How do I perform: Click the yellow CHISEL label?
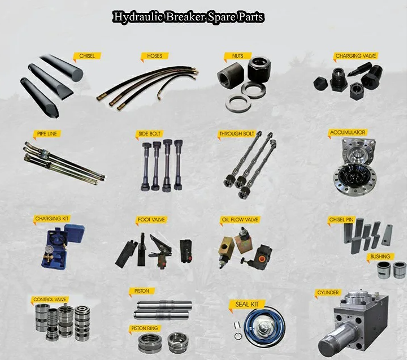point(86,56)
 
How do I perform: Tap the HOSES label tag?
point(155,56)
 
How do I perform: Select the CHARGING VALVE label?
point(355,56)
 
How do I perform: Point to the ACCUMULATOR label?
point(348,132)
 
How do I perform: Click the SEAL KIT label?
point(247,304)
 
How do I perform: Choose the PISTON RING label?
point(145,328)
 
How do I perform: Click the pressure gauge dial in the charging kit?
point(49,250)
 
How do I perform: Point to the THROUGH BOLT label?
point(237,134)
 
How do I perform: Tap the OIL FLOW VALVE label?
point(240,219)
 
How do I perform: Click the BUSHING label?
point(380,257)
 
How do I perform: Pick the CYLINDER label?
point(328,293)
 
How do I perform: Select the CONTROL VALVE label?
point(50,300)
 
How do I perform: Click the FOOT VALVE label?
point(151,220)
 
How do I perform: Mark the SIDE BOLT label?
point(149,134)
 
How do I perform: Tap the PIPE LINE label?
point(47,134)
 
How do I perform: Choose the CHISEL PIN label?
point(341,220)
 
